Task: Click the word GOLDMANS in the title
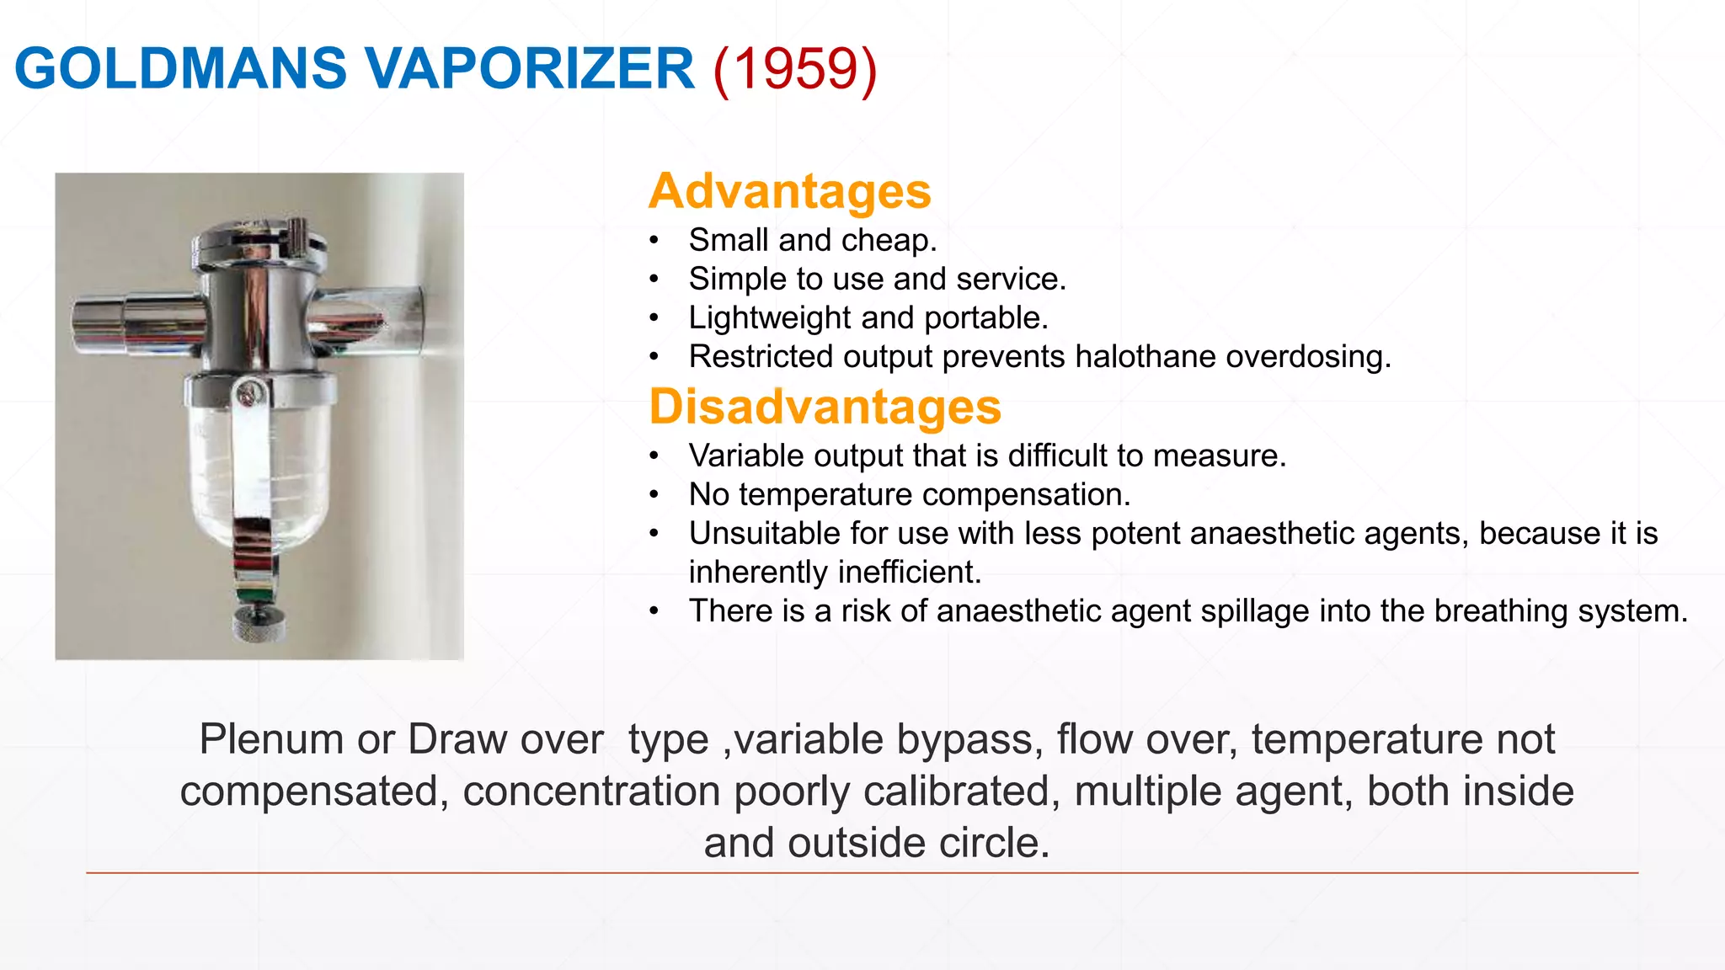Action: (x=180, y=68)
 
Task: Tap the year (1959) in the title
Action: (x=794, y=68)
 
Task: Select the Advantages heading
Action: (x=789, y=191)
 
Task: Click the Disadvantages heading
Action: (x=825, y=407)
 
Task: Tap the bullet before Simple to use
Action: (x=654, y=280)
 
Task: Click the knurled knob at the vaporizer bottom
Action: (x=259, y=626)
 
